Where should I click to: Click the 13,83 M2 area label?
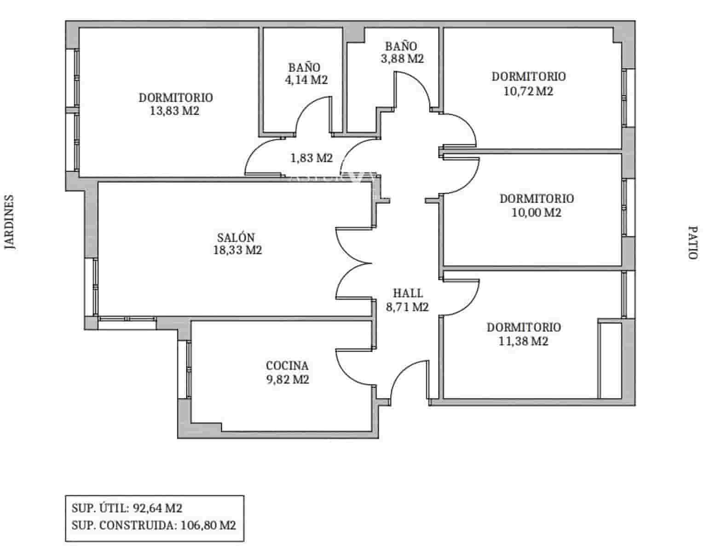point(175,111)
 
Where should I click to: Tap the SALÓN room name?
point(236,237)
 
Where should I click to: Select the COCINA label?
point(287,366)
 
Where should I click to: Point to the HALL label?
point(408,293)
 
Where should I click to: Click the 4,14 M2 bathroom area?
point(306,80)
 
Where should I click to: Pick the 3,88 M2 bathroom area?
point(401,59)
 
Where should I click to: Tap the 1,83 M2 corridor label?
point(311,159)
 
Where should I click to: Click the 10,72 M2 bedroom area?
point(528,91)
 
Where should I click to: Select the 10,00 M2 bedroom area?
point(536,212)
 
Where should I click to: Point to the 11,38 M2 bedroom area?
point(523,341)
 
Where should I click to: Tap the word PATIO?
point(693,242)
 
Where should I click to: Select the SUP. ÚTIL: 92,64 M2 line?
point(127,508)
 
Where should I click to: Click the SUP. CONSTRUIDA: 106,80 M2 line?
point(154,525)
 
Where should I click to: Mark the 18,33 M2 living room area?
point(237,250)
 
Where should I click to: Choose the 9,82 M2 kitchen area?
point(287,379)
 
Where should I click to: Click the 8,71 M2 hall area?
point(407,307)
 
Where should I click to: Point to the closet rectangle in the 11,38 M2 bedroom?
point(610,359)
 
